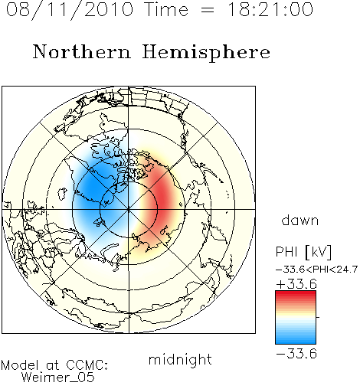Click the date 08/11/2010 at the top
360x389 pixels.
(70, 9)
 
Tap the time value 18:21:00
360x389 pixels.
(270, 9)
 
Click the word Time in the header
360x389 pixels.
(166, 9)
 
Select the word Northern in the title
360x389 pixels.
(82, 51)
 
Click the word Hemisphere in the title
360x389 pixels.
(206, 53)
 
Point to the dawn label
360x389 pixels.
(300, 221)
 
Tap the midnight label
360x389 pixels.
(180, 359)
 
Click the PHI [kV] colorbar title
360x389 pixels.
(303, 252)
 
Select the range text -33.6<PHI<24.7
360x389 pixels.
(316, 270)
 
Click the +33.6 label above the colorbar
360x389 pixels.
(296, 284)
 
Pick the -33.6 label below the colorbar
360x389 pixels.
(296, 354)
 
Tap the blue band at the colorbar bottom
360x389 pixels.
(296, 340)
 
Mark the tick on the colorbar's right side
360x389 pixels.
(318, 317)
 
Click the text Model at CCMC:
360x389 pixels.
(54, 365)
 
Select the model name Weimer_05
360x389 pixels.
(58, 378)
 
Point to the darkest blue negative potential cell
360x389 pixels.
(90, 188)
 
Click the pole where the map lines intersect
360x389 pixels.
(129, 210)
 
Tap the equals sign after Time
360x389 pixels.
(208, 11)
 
